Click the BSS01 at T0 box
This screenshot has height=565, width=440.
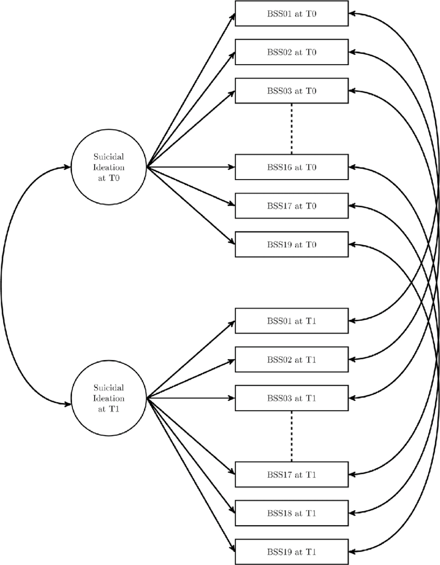[291, 13]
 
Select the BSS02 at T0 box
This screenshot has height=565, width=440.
[291, 52]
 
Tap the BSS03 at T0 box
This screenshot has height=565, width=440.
[291, 91]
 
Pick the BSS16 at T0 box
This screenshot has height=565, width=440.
[291, 167]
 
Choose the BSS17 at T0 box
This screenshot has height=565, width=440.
[291, 205]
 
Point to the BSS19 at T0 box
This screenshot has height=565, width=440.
[291, 244]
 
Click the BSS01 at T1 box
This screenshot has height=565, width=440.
[291, 321]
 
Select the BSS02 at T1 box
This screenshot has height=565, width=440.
[291, 359]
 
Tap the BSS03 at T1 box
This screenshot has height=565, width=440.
[291, 398]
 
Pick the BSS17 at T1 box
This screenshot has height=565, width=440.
[291, 474]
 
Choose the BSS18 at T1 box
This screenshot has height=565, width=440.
[291, 513]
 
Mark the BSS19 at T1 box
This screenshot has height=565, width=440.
[291, 552]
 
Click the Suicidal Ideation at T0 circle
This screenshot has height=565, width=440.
[109, 167]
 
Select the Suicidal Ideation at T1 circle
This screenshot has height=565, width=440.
[109, 398]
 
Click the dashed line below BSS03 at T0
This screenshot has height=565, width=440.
[292, 129]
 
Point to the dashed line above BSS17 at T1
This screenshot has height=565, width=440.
[292, 436]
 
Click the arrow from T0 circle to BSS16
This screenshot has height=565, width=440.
[192, 167]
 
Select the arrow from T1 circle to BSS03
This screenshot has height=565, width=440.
[192, 398]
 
